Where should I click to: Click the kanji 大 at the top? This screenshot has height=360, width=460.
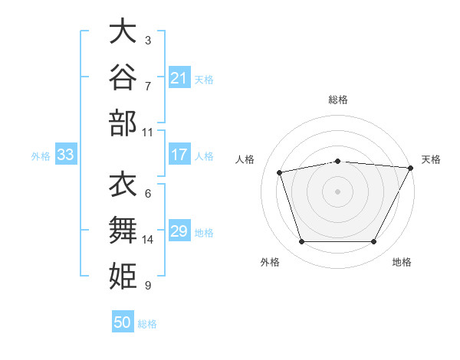click(x=123, y=31)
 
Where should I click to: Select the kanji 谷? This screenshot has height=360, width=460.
click(x=123, y=77)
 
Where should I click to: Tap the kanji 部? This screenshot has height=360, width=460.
click(x=123, y=123)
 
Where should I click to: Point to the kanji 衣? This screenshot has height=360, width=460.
click(x=123, y=184)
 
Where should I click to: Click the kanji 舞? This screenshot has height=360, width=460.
click(x=123, y=230)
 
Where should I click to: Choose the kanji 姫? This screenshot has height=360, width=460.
click(x=123, y=276)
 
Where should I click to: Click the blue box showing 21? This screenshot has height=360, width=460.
click(x=179, y=77)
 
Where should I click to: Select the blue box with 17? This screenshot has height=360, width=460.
click(x=179, y=154)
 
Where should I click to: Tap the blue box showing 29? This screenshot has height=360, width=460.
click(x=179, y=230)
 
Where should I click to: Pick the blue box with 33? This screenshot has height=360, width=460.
click(x=66, y=154)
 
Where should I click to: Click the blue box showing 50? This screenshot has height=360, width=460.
click(x=123, y=321)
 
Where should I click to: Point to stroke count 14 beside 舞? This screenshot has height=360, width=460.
click(x=147, y=240)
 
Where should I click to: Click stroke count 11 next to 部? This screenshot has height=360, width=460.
click(x=147, y=133)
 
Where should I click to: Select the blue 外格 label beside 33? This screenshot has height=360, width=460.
click(x=41, y=156)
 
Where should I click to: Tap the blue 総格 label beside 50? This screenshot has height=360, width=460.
click(x=147, y=324)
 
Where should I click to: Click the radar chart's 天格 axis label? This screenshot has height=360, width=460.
click(x=431, y=159)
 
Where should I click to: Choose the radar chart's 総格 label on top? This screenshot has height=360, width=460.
click(x=338, y=100)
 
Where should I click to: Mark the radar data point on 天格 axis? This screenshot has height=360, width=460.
click(x=411, y=168)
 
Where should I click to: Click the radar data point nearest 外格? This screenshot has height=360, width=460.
click(x=302, y=241)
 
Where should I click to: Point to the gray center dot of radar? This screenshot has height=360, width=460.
click(x=337, y=191)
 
